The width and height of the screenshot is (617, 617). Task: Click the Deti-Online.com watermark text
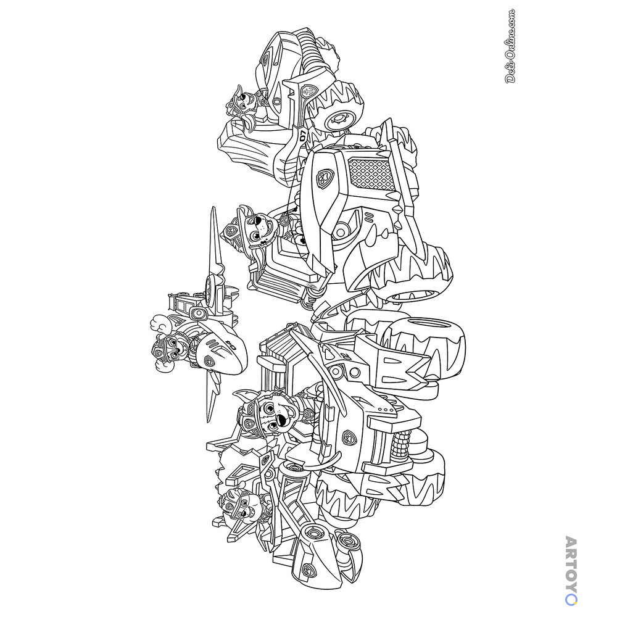510,46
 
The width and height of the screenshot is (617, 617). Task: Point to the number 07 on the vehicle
302,136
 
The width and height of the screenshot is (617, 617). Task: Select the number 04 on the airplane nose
233,347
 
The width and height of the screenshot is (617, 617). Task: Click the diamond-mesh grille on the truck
372,173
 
